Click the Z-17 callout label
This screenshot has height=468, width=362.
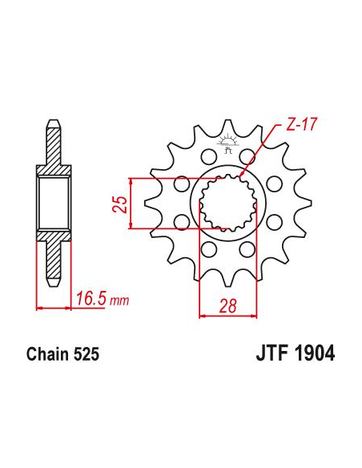(300, 124)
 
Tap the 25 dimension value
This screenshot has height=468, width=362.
(119, 204)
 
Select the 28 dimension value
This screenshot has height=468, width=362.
(227, 305)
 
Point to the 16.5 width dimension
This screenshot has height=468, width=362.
(90, 299)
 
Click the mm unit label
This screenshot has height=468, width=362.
(119, 301)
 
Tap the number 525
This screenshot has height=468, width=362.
(86, 354)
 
